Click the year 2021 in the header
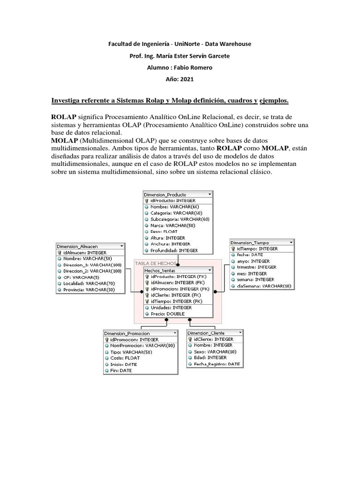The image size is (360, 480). [180, 79]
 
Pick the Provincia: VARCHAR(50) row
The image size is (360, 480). [89, 290]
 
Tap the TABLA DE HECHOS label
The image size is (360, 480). [156, 263]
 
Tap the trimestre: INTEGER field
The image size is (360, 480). [256, 267]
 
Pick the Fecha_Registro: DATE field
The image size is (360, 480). [217, 364]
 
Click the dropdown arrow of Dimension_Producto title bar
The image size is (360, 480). [209, 194]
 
